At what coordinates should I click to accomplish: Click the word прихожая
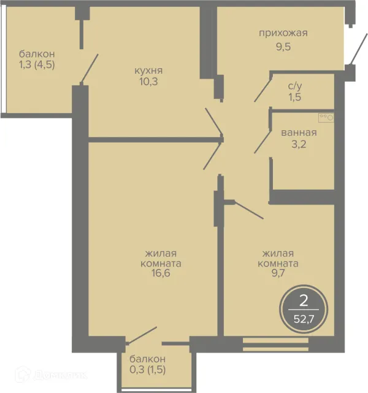(x=283, y=33)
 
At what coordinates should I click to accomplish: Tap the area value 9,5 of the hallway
(x=283, y=47)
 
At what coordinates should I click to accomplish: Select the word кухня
(x=148, y=71)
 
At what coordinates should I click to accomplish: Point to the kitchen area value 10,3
(x=148, y=82)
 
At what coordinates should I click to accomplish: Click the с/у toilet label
(x=295, y=86)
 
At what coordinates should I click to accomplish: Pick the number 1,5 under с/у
(x=295, y=97)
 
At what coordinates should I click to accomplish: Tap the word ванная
(x=299, y=133)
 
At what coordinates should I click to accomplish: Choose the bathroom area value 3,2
(x=299, y=144)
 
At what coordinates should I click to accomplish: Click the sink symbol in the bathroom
(x=326, y=117)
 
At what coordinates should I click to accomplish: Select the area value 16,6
(x=161, y=273)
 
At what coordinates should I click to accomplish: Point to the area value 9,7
(x=278, y=273)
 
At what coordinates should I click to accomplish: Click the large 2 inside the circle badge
(x=304, y=300)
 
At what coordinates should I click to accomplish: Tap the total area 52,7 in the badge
(x=304, y=319)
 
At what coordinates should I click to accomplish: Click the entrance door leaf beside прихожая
(x=355, y=50)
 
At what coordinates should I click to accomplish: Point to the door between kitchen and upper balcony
(x=89, y=69)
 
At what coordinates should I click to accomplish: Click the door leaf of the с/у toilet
(x=263, y=90)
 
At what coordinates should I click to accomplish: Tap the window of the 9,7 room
(x=275, y=344)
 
